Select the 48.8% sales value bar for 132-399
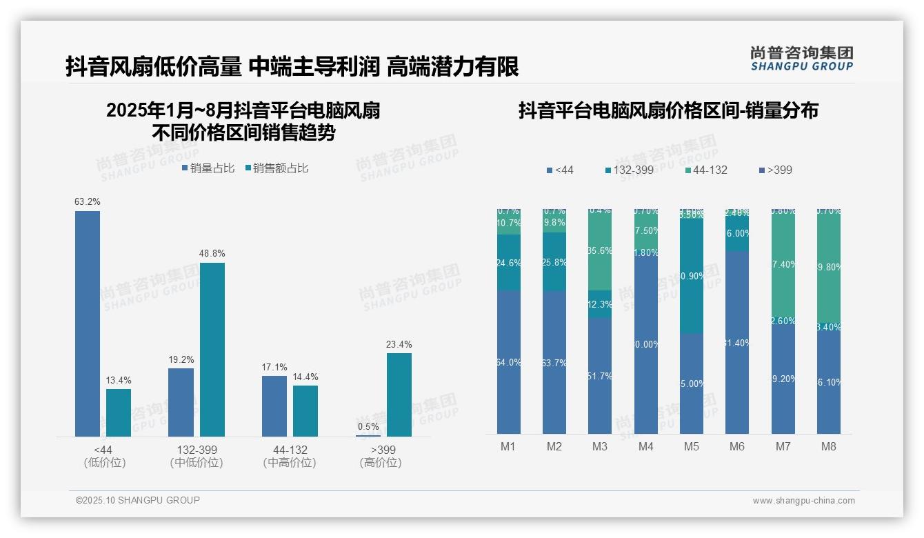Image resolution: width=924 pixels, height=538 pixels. click(x=212, y=349)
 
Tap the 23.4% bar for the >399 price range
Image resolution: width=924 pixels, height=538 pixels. click(x=399, y=395)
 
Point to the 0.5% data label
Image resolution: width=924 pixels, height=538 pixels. click(x=368, y=426)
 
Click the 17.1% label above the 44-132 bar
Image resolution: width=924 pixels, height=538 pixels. click(x=274, y=367)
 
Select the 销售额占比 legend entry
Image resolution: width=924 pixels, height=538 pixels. click(x=277, y=168)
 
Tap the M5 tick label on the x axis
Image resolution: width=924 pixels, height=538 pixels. click(x=692, y=446)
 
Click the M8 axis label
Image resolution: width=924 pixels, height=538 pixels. click(x=829, y=446)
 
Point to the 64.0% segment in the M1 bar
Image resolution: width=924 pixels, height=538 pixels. click(x=508, y=362)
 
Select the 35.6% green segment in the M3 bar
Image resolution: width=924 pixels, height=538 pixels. click(x=600, y=250)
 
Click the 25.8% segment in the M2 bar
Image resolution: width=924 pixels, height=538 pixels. click(x=554, y=262)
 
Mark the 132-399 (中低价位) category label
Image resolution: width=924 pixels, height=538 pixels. click(x=197, y=456)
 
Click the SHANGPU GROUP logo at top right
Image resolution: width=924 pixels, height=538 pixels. click(x=801, y=59)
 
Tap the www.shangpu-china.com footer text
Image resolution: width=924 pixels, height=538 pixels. click(x=803, y=501)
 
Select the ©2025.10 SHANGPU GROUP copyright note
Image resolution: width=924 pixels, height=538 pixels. click(x=138, y=500)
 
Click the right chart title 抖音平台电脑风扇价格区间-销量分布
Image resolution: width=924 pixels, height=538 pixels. click(x=668, y=110)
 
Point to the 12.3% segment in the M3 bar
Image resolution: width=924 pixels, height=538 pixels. click(x=600, y=304)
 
